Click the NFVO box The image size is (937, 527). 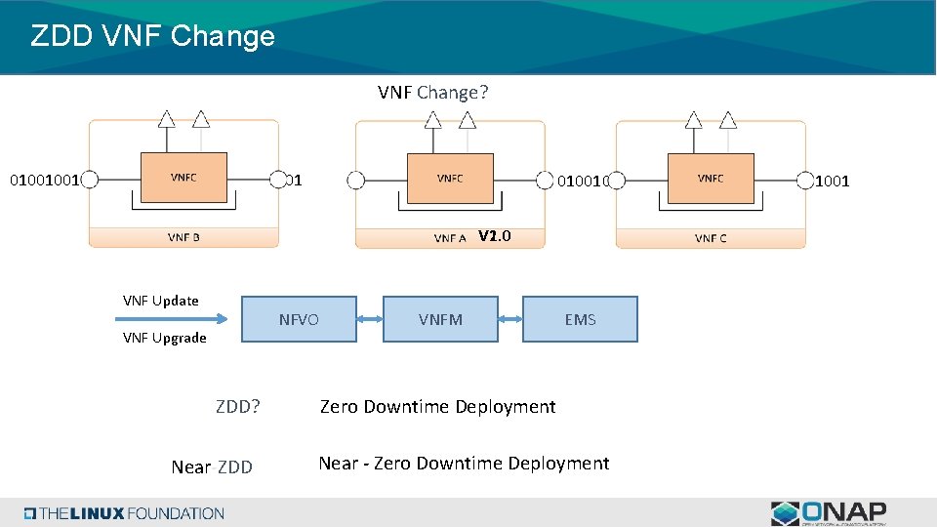pos(299,319)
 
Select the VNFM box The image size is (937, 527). pos(440,319)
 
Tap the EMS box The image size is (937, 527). pos(580,319)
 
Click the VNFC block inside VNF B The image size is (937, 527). pos(183,178)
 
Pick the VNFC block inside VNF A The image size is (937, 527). pos(450,178)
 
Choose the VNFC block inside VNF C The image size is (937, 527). pos(711,178)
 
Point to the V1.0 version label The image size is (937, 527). pos(495,236)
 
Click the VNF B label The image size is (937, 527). pos(183,237)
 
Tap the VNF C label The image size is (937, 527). pos(711,238)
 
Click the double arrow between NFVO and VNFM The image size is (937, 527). pos(370,319)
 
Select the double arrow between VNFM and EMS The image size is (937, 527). pos(510,319)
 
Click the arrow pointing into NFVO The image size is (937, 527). pos(172,319)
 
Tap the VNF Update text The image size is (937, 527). pos(161,301)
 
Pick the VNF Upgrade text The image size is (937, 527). pos(164,339)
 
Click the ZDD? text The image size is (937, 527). pos(238,406)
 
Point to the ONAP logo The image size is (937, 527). pos(829,513)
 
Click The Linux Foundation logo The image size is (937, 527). pos(124,513)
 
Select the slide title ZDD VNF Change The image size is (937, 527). pos(153,36)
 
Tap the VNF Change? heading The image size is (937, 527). pos(433,93)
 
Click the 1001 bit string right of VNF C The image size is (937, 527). pos(832,182)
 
